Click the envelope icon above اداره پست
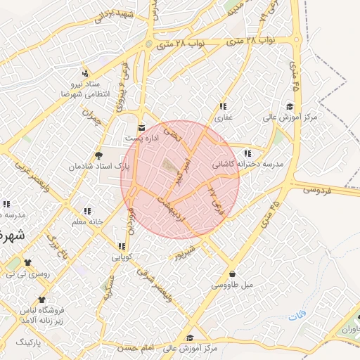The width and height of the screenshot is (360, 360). coord(143,128)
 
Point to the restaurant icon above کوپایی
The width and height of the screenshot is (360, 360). coord(122,247)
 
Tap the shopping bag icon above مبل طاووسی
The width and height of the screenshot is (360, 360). coord(232,274)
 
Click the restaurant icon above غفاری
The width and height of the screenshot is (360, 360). coord(222,106)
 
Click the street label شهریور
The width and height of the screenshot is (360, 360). coord(186,253)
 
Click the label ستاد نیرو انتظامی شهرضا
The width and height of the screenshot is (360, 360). coord(84,89)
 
